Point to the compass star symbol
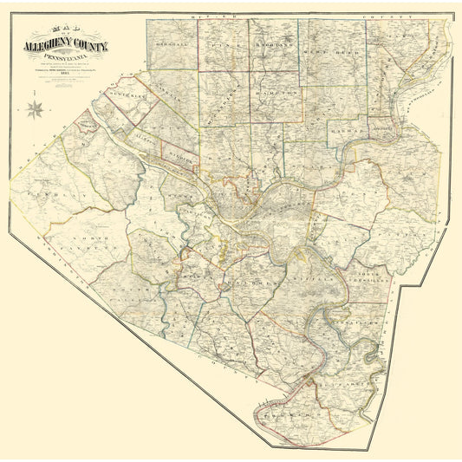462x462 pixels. (36, 108)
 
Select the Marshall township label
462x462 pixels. (170, 45)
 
